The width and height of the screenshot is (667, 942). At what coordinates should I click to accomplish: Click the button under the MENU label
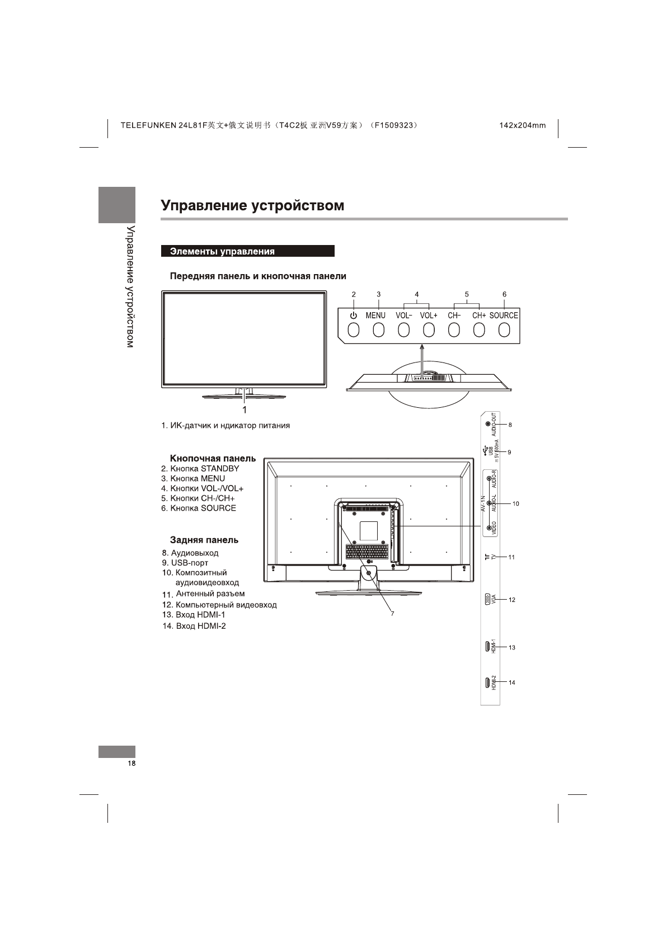[379, 331]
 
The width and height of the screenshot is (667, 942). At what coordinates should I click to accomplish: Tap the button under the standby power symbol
[353, 331]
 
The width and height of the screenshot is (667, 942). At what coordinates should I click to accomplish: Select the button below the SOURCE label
[504, 331]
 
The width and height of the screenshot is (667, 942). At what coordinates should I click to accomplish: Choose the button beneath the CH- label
[454, 331]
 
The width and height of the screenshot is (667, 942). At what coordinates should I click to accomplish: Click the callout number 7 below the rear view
[392, 614]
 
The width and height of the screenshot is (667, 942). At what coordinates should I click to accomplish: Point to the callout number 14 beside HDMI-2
[512, 682]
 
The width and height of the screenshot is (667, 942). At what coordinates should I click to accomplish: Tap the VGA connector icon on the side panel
[487, 600]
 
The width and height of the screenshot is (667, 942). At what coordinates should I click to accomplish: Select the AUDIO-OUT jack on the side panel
[488, 425]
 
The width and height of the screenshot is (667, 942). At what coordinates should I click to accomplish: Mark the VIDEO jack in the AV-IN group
[490, 527]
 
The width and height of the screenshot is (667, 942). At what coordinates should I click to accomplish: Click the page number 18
[131, 764]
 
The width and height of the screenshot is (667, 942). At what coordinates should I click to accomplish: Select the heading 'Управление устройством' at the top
[252, 205]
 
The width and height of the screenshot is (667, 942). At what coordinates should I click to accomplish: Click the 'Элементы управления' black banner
[247, 251]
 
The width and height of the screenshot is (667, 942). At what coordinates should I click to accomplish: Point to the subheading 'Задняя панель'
[204, 540]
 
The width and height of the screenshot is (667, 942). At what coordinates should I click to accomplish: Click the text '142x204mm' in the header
[522, 125]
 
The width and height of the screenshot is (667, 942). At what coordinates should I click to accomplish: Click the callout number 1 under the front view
[245, 408]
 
